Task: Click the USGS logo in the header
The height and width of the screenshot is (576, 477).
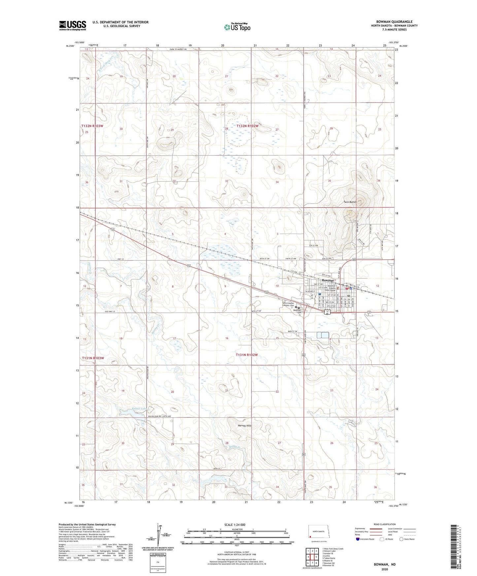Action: coord(73,25)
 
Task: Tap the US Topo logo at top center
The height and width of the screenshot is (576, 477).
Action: coord(237,27)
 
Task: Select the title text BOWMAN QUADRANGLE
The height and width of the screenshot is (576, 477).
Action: coord(394,22)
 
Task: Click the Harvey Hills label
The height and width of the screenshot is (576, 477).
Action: coord(245,426)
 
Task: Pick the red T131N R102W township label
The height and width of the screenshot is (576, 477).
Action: coord(247,355)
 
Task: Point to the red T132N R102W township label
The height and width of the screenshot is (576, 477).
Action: coord(248,126)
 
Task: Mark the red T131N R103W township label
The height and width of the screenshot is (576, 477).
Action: coord(93,358)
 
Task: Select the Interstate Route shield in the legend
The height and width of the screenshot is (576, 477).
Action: coord(358,539)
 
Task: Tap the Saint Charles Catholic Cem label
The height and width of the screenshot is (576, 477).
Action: coord(288,304)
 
